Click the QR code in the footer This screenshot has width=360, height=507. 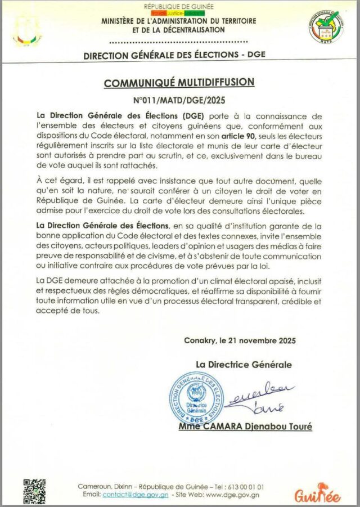[34, 490]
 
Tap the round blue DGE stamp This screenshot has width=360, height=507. [196, 400]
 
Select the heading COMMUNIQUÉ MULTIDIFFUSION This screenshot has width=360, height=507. [179, 83]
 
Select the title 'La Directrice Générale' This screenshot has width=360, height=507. [244, 364]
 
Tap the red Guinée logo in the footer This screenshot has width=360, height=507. [317, 492]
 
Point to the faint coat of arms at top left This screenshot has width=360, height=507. [26, 29]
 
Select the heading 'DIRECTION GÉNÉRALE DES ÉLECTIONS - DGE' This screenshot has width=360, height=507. [174, 55]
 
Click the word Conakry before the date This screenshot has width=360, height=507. [200, 340]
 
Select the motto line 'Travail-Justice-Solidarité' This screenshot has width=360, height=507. [179, 12]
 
